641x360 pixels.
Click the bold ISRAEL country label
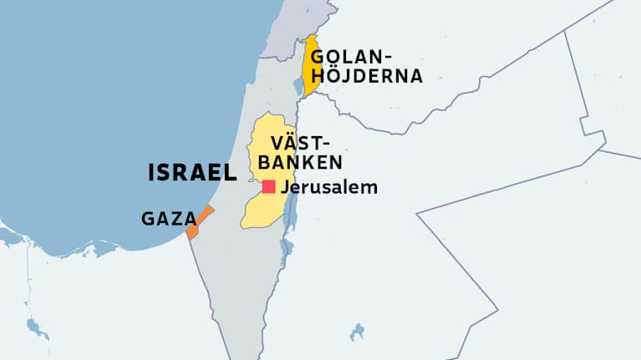[x=192, y=173]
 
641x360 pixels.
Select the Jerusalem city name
[x=329, y=187]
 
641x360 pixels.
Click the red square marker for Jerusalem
[x=268, y=187]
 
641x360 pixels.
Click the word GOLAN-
[x=351, y=58]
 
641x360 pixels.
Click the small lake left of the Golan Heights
[x=302, y=85]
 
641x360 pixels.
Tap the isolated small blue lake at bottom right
[x=359, y=332]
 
